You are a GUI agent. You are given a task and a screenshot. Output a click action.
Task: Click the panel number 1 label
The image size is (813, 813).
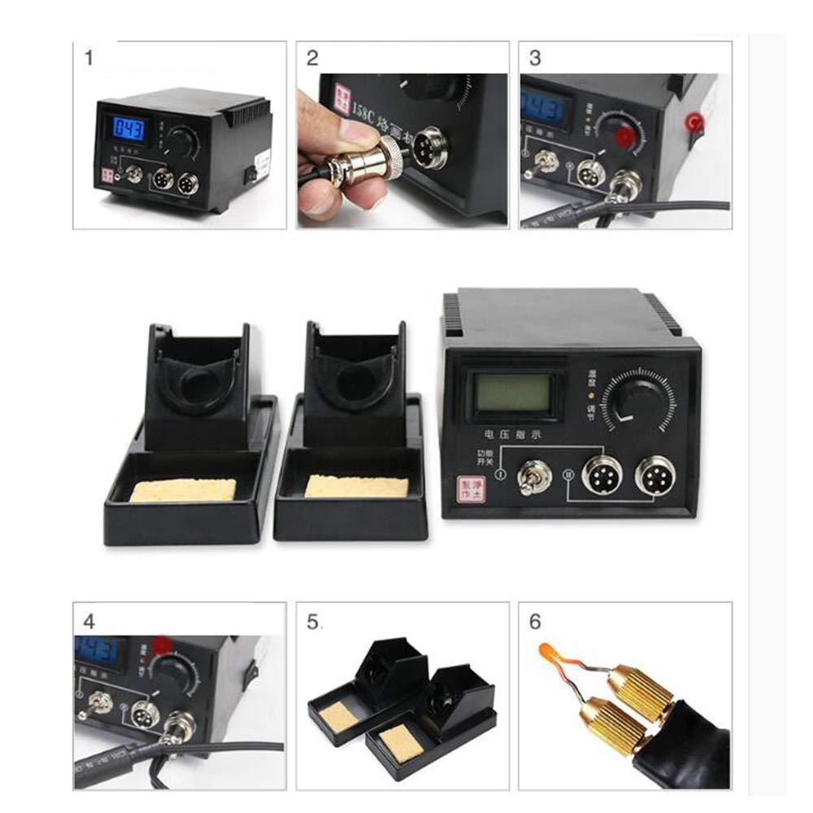(x=89, y=59)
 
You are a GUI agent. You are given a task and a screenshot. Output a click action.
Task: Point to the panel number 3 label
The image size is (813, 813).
(x=535, y=59)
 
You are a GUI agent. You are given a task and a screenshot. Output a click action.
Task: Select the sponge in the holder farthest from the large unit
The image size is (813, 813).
(x=184, y=489)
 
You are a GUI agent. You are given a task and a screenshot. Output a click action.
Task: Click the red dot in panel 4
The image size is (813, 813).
(x=163, y=646)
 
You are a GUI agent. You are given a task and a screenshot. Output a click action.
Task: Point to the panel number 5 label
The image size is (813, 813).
(x=313, y=622)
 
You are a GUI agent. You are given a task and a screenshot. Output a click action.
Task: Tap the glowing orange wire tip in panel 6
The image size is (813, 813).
(x=548, y=654)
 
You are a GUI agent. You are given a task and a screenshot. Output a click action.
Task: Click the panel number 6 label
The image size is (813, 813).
(x=535, y=622)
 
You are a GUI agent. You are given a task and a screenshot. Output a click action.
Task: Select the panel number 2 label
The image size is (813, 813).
(x=312, y=59)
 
